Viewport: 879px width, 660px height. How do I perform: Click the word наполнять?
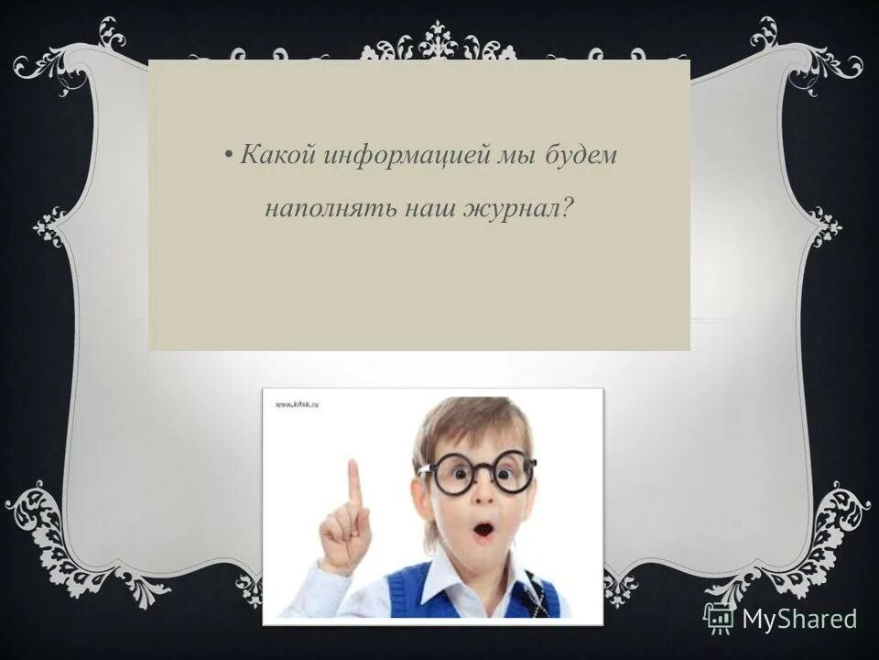tap(317, 210)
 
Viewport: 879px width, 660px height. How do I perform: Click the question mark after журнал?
tap(569, 209)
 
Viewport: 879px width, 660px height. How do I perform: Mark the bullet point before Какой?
tap(227, 156)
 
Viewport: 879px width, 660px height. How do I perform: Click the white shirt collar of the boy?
tap(430, 587)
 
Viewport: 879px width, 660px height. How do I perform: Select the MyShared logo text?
tap(799, 619)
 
